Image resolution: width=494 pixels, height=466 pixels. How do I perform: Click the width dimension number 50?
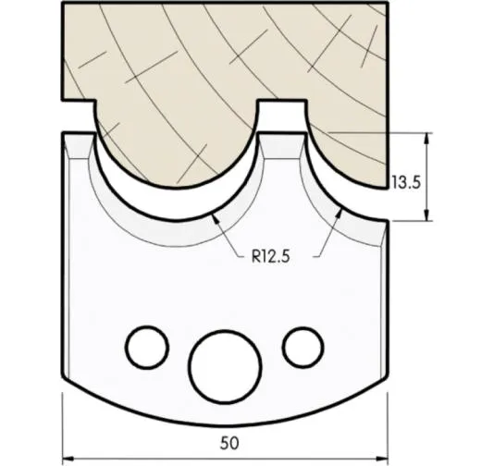(228, 442)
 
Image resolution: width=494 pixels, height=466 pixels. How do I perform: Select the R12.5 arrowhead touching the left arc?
(215, 215)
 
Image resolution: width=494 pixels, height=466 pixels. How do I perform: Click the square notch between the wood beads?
(280, 115)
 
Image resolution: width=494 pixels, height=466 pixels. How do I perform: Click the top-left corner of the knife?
(64, 133)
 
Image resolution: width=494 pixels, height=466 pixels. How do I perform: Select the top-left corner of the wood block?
(62, 5)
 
